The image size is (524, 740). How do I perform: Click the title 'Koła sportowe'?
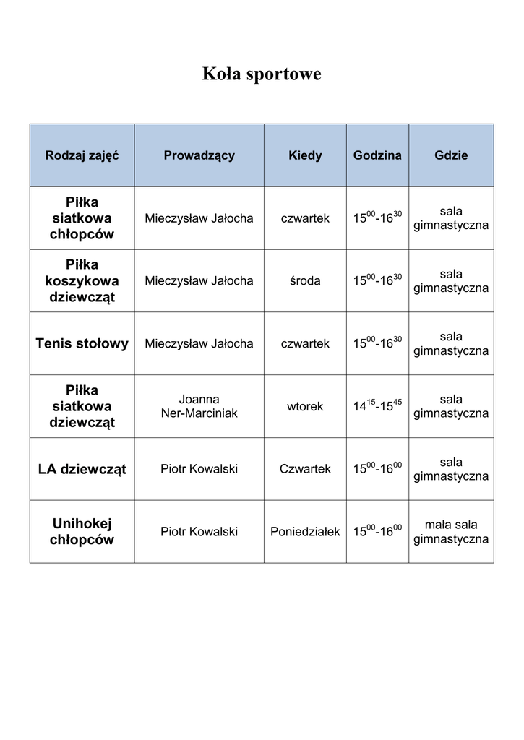coord(262,74)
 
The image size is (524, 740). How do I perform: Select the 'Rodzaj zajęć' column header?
coord(82,155)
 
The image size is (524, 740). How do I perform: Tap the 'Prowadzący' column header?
coord(199,155)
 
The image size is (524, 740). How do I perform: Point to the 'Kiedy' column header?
coord(305,155)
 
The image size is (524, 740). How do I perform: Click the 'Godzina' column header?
coord(377,155)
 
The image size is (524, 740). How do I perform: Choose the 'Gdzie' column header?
coord(451,155)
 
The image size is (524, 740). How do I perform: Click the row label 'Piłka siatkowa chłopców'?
coord(82,218)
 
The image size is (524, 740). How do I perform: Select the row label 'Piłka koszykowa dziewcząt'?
coord(82,281)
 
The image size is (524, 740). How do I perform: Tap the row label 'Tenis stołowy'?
coord(82,344)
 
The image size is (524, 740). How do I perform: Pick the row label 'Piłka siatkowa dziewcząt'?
coord(82,406)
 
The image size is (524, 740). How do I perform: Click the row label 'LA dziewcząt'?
coord(82,469)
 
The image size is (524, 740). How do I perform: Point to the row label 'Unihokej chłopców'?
coord(82,532)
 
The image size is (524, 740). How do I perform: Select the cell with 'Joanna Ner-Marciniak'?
coord(199,406)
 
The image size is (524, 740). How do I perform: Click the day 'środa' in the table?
coord(305,281)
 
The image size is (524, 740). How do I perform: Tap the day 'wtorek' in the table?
coord(305,406)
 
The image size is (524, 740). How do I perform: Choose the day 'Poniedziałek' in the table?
coord(305,532)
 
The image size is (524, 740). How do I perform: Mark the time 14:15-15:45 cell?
coord(377,405)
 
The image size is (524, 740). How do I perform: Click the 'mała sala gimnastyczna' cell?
coord(451,532)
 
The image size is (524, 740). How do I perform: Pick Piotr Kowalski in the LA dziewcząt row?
coord(199,469)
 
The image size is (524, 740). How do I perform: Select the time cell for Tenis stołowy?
coord(377,343)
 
